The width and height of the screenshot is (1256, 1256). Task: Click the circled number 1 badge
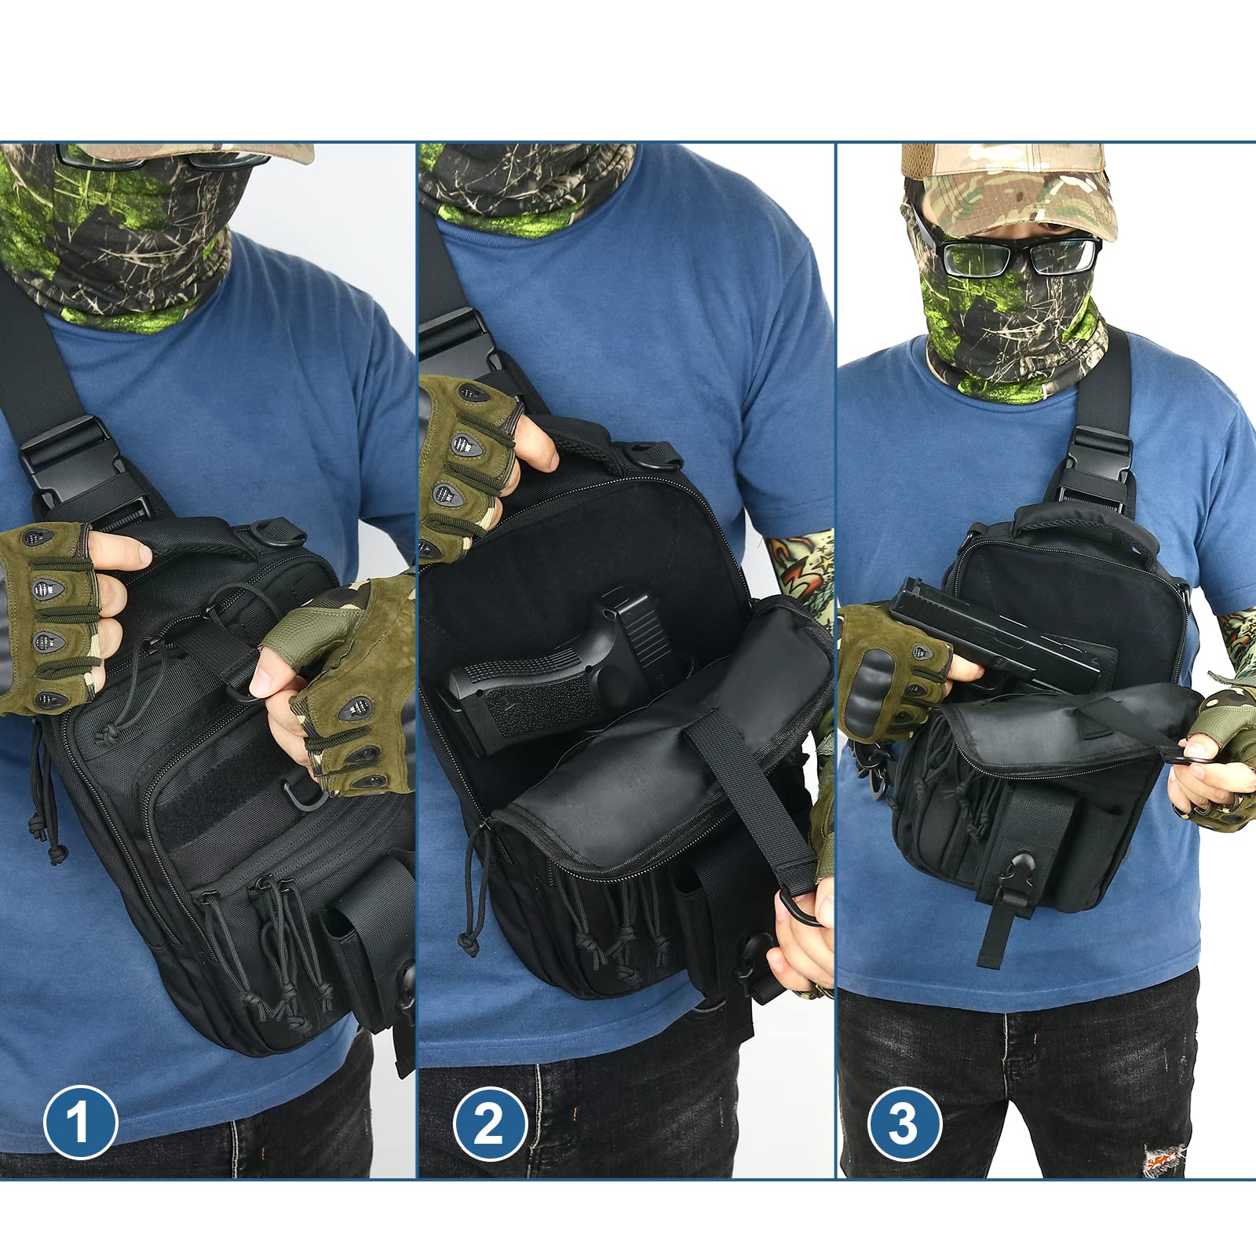point(80,1122)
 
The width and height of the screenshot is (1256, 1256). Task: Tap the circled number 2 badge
point(490,1123)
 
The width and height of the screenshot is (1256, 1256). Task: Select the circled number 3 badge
point(904,1123)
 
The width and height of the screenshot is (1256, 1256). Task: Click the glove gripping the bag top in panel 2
point(463,463)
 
